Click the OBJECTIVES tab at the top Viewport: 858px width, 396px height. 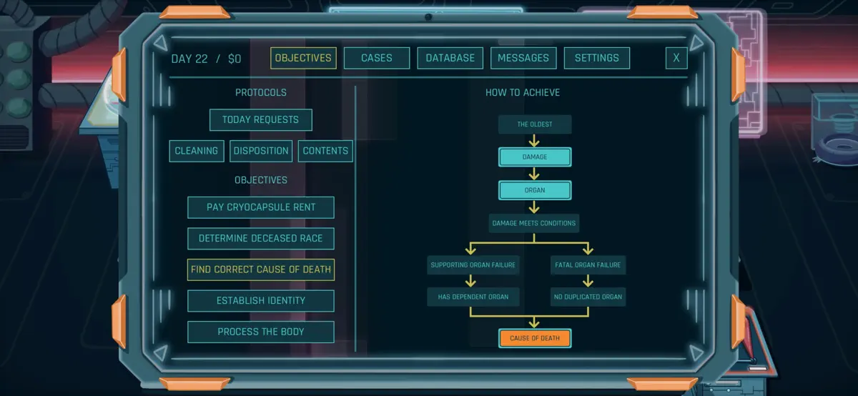pos(303,58)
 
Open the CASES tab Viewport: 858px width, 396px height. pos(377,58)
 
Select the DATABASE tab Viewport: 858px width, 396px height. pos(450,58)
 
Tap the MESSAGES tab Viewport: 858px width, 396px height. pos(523,58)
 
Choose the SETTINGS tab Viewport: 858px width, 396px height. pos(597,58)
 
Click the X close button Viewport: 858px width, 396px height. pos(676,58)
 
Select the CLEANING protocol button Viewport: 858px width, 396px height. pos(197,151)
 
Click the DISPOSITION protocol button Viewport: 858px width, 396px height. pos(261,151)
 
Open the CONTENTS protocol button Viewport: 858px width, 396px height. pos(325,151)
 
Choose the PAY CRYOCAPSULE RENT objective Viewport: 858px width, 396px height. pos(261,207)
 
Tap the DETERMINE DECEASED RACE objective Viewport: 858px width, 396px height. pos(261,239)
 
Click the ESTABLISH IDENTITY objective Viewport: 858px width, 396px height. pos(261,301)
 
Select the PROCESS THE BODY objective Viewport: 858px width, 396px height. pos(261,332)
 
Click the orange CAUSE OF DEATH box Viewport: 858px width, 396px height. pos(535,338)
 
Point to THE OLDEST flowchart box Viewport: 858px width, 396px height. pos(535,124)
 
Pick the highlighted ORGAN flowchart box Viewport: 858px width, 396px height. pos(535,190)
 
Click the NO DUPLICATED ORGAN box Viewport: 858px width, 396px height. pos(588,297)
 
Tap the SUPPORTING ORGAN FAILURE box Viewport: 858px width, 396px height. pos(473,265)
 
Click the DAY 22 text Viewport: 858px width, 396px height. pos(189,59)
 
